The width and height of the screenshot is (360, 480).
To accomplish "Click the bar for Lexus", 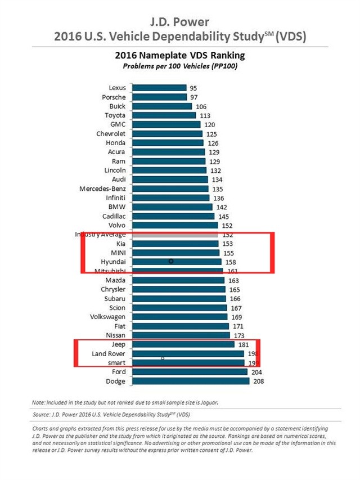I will click(x=159, y=88).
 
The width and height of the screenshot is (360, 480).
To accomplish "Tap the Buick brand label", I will click(x=118, y=106).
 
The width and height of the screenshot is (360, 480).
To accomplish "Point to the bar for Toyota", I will click(x=164, y=115).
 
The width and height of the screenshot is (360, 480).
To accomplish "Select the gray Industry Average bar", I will click(x=174, y=234).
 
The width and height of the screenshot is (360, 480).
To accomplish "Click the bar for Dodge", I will click(x=190, y=381).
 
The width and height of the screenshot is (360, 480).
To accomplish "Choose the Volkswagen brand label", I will click(x=108, y=317).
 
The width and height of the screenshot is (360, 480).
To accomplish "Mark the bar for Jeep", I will click(x=183, y=344).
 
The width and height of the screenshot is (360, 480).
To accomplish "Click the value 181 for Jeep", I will click(x=244, y=344).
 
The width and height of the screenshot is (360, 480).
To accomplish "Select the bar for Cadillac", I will click(x=172, y=216).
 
